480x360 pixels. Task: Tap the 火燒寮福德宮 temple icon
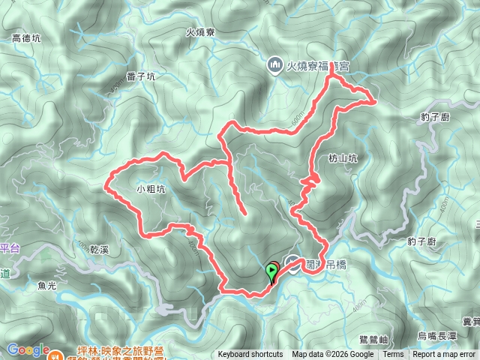274,65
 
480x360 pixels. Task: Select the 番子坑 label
141,76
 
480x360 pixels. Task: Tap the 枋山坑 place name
343,158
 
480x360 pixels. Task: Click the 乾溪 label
100,247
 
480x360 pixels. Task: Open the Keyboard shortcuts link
250,355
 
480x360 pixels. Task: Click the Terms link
393,355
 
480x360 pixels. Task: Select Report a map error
444,355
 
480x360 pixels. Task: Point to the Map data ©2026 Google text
333,355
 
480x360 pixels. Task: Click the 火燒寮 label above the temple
200,32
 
